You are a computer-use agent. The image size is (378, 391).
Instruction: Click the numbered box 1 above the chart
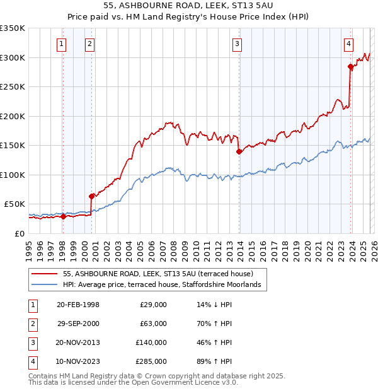coord(62,44)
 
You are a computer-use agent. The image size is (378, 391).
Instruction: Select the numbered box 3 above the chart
coord(237,44)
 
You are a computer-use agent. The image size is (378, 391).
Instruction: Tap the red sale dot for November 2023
coord(350,66)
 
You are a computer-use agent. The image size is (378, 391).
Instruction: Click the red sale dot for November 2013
coord(239,151)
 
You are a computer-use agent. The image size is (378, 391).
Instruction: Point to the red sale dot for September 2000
coord(91,196)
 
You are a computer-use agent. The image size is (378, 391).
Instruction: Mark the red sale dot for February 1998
coord(63,216)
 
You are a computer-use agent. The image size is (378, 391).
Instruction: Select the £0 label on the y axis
coord(20,233)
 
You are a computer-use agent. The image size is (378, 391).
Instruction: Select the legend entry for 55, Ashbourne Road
coord(157,274)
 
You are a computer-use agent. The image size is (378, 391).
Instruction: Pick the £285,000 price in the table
coord(151,361)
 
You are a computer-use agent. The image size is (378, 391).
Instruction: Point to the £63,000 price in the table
coord(153,324)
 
